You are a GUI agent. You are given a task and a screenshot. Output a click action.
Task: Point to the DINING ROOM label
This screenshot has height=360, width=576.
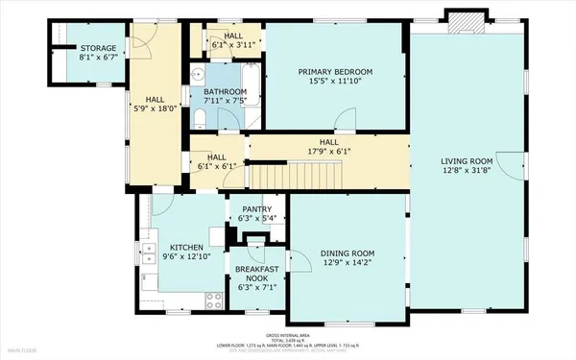pos(347,253)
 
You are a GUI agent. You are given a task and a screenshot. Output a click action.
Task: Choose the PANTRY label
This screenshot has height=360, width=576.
pos(256,209)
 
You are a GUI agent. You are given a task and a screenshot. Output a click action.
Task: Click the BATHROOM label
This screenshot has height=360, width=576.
pos(225,92)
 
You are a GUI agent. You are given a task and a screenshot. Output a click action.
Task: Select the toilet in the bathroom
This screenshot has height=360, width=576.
pos(199,117)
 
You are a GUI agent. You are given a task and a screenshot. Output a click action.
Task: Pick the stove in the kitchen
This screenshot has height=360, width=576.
pos(213,299)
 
